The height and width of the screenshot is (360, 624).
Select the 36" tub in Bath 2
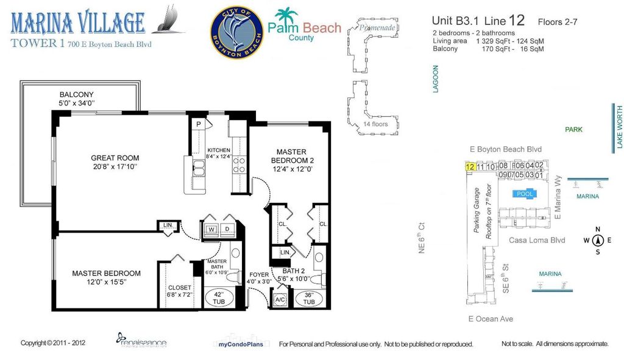coord(308,298)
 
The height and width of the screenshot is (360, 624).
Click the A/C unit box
coord(280,300)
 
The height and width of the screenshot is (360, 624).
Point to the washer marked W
coord(211,230)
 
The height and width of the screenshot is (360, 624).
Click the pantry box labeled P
coord(199,124)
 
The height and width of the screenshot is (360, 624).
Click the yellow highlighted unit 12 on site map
coord(470,166)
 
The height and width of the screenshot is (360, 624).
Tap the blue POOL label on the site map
coord(525,194)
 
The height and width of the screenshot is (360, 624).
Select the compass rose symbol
coord(597,240)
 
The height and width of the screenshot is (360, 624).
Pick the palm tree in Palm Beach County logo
coord(284,17)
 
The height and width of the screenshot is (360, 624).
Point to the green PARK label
coord(573,130)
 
